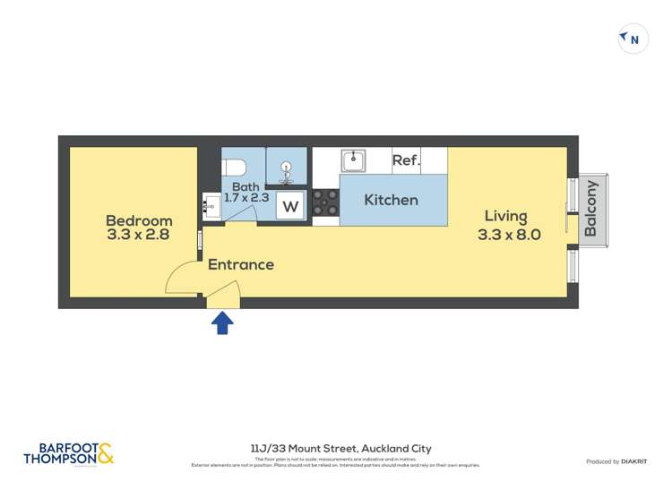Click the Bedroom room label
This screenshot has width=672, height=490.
(x=139, y=220)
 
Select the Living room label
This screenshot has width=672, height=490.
(x=506, y=216)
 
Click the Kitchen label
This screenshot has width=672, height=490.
(x=391, y=200)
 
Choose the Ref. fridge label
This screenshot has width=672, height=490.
(x=406, y=160)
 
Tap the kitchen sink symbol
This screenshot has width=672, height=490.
(x=353, y=160)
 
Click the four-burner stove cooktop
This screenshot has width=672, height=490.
(x=325, y=202)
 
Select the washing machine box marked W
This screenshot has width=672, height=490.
(x=290, y=207)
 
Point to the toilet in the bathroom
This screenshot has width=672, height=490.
(x=235, y=167)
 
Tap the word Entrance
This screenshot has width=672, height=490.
(x=240, y=264)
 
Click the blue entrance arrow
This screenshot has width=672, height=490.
(x=222, y=322)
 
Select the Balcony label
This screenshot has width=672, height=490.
(x=590, y=209)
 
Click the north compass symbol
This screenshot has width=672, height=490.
(x=633, y=39)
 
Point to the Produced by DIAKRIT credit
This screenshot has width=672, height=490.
(x=617, y=461)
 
